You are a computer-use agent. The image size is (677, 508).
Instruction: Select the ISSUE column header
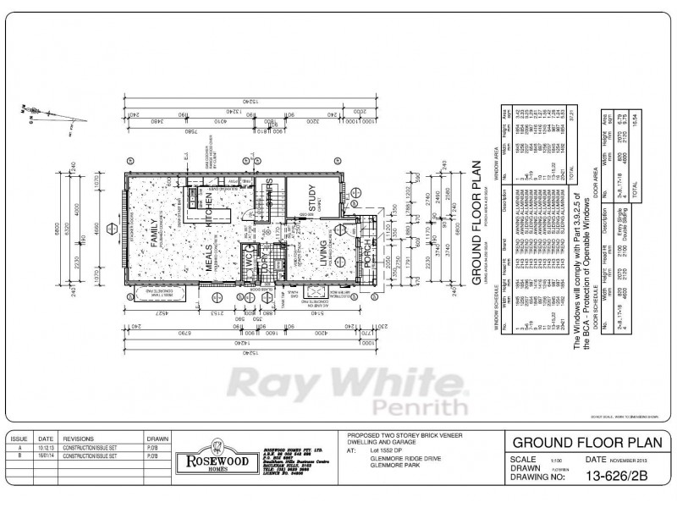22,439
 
